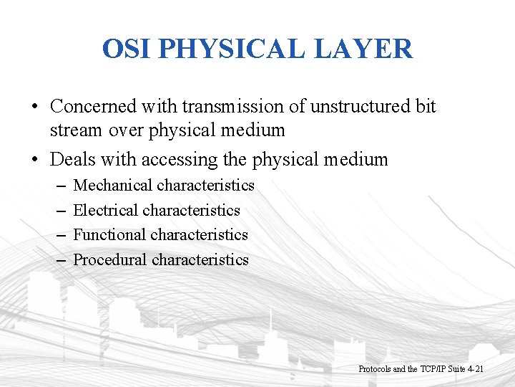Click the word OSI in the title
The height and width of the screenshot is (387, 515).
[x=127, y=49]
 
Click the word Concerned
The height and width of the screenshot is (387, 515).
[x=96, y=106]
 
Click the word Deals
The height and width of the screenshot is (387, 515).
[x=73, y=159]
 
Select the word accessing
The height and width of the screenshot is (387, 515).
[x=180, y=159]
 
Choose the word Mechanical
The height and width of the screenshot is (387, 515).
[x=113, y=186]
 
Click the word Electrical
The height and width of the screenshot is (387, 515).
[x=106, y=211]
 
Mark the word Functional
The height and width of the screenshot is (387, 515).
[x=109, y=235]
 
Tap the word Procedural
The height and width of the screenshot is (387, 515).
[x=110, y=260]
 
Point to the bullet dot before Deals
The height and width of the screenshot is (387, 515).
[x=34, y=160]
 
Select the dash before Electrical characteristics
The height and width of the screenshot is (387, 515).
[x=60, y=211]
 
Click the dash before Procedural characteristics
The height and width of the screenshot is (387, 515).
[x=60, y=260]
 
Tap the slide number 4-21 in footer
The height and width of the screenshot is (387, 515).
[x=475, y=369]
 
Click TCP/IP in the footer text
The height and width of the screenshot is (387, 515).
[x=433, y=369]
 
